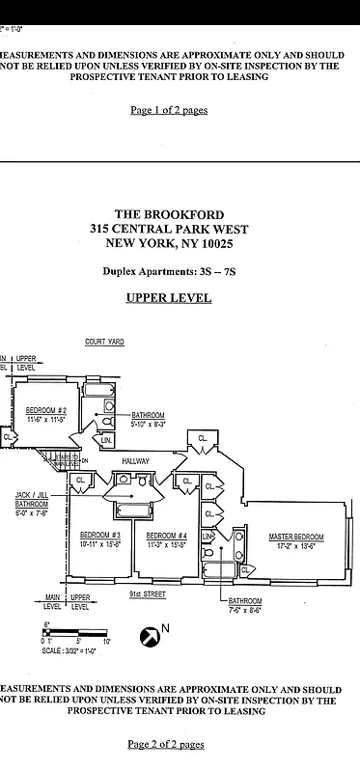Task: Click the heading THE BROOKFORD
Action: (x=181, y=214)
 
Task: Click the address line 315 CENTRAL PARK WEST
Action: (x=181, y=229)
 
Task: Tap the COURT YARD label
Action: (x=103, y=342)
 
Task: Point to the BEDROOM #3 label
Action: (x=99, y=535)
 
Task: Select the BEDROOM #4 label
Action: (x=166, y=535)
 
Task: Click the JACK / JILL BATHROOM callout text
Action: (x=32, y=503)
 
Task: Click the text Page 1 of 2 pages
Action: (x=169, y=110)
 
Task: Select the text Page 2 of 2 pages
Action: (x=166, y=744)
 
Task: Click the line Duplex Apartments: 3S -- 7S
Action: (x=169, y=272)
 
